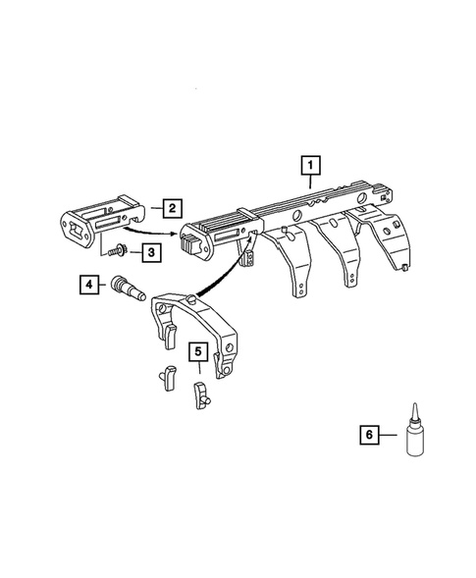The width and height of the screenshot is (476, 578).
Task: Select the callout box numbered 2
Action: [171, 207]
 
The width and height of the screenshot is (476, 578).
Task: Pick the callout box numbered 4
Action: [89, 286]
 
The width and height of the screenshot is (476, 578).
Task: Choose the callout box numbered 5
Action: [197, 349]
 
